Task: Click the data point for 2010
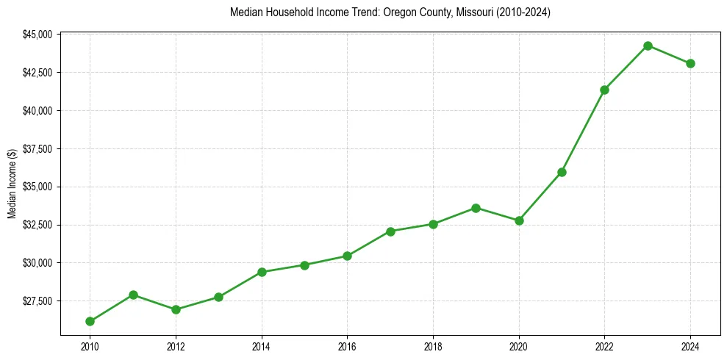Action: (x=90, y=321)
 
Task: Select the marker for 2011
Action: (x=133, y=295)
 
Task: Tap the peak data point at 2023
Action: (x=648, y=46)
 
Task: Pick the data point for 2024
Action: (x=690, y=63)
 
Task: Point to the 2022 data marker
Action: (x=604, y=90)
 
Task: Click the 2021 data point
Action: (x=562, y=172)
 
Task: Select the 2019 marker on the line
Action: (x=476, y=208)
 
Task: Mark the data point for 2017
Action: (x=390, y=231)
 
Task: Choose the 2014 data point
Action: (x=262, y=272)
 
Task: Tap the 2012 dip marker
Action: (x=176, y=309)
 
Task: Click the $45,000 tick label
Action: (x=37, y=35)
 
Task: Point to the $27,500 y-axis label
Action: (x=37, y=301)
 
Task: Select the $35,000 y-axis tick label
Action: (x=37, y=187)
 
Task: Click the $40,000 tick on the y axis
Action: (x=37, y=111)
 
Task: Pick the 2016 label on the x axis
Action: (x=347, y=346)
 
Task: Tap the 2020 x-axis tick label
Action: (x=519, y=346)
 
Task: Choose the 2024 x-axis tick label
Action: (x=690, y=346)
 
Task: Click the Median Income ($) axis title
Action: (x=12, y=184)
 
